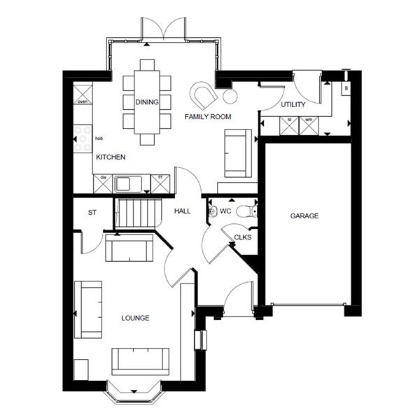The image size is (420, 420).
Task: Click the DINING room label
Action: [x=148, y=102]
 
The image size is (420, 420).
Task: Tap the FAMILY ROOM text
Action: [x=207, y=116]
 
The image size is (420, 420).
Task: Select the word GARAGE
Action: [x=304, y=216]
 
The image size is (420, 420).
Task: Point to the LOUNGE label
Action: [x=135, y=318]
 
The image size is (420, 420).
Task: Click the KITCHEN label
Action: [x=111, y=157]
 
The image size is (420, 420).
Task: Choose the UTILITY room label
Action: [x=293, y=104]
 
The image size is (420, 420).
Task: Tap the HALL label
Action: [x=183, y=211]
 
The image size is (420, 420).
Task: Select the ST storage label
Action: [x=92, y=212]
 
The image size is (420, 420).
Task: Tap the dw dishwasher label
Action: [x=104, y=178]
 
